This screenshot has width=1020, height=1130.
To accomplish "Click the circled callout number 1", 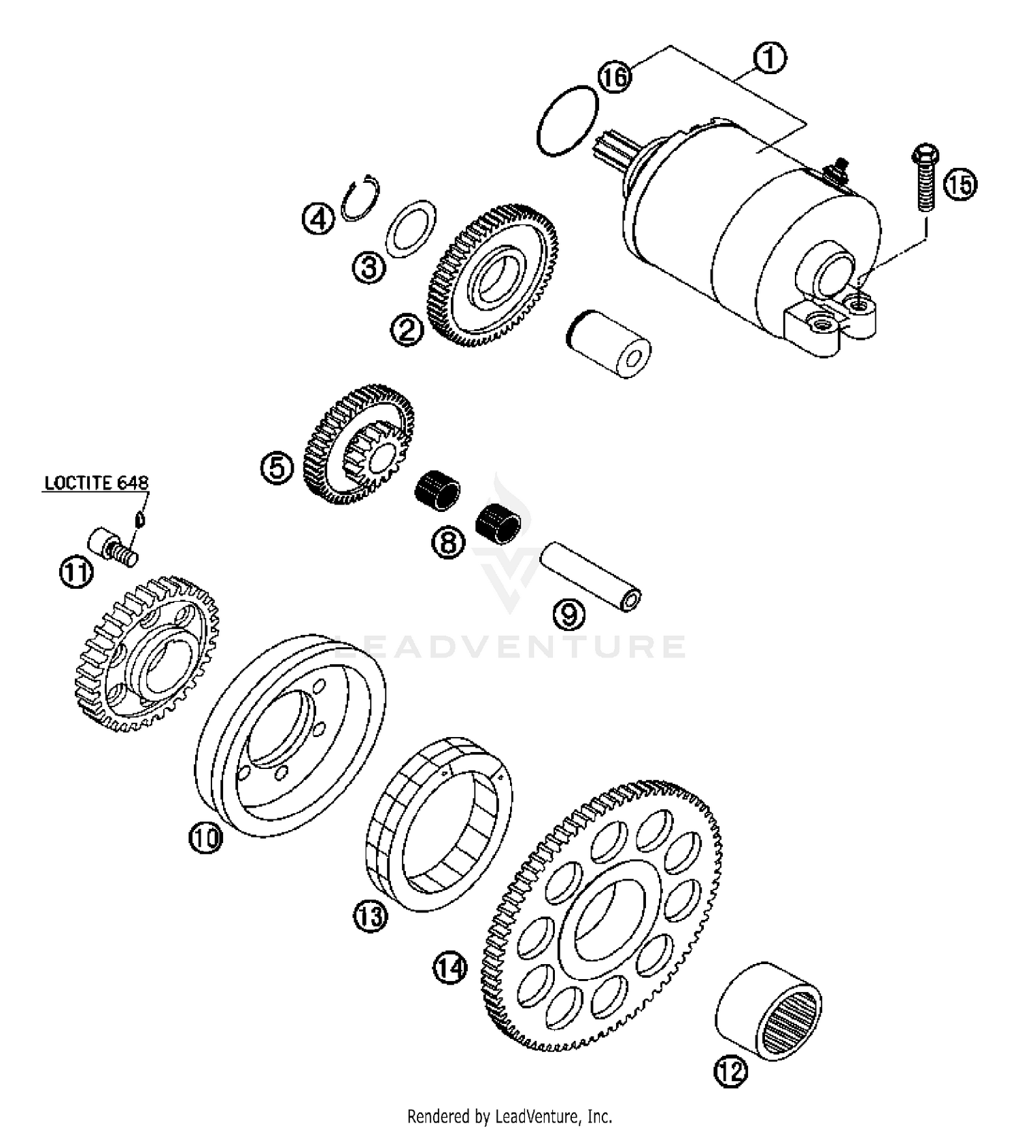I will (769, 59).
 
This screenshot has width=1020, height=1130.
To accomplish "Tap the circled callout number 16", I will (615, 76).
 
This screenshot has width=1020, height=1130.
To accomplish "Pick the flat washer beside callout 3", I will (410, 229).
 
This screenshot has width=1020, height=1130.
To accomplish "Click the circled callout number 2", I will (407, 330).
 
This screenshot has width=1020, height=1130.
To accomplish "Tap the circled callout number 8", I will (449, 543).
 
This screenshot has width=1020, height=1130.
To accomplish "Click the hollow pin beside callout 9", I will (590, 576).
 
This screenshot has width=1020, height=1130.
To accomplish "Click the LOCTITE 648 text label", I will (96, 483).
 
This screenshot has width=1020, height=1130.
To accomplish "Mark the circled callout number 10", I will (205, 837).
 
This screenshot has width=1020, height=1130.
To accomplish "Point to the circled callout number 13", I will (371, 916).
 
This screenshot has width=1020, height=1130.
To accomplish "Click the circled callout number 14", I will (450, 968).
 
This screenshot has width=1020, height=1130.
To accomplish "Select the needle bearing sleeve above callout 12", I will (769, 1016).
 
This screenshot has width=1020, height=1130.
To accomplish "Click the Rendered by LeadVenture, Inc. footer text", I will (509, 1116).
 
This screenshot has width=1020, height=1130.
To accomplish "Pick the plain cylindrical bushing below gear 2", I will (608, 344).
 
